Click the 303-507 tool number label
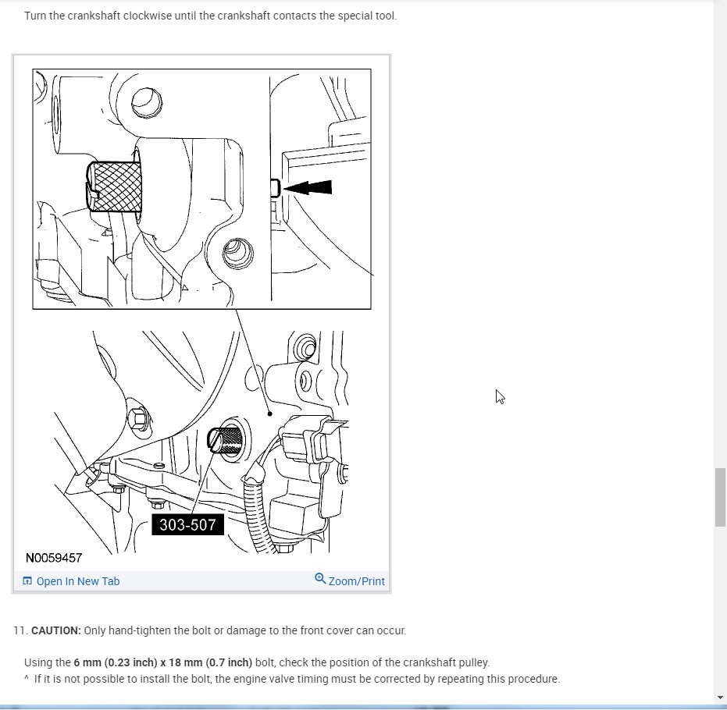point(187,525)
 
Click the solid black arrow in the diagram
point(308,187)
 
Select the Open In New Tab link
point(78,581)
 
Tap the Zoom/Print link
point(356,581)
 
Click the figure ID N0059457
point(54,559)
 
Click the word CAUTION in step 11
point(55,630)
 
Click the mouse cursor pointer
point(500,396)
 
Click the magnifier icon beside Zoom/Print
point(320,579)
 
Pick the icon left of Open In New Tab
point(27,581)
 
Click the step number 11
point(20,630)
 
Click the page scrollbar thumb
point(720,497)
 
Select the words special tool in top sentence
point(367,16)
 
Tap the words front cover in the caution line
point(323,630)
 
